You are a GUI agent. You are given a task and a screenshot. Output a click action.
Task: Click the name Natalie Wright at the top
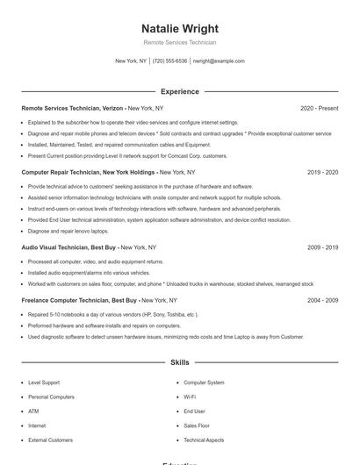(180, 29)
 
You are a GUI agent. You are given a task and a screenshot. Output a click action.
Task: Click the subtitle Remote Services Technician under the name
(180, 42)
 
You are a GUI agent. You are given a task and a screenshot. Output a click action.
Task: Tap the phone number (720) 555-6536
(169, 61)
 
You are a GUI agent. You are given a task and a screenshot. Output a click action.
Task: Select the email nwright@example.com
(219, 61)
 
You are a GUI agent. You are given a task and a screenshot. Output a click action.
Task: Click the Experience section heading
(180, 91)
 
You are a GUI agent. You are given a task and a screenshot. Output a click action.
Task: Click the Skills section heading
(180, 361)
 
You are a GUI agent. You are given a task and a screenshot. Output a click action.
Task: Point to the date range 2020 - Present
(319, 108)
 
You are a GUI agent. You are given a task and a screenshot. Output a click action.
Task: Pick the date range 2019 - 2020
(322, 173)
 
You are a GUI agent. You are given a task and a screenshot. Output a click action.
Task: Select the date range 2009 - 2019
(322, 247)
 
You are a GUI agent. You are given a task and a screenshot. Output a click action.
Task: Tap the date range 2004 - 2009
(322, 300)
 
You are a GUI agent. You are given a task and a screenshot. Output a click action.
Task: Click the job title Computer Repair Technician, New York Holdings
(89, 173)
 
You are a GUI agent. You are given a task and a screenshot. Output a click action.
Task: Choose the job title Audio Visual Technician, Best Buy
(68, 247)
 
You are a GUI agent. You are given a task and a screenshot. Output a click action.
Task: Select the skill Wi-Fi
(190, 397)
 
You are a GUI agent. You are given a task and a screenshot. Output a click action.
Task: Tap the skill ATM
(33, 411)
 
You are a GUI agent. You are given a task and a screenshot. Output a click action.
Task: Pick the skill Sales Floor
(198, 425)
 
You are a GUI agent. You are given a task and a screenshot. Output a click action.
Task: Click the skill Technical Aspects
(204, 440)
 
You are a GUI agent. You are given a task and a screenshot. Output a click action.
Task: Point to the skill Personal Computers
(51, 397)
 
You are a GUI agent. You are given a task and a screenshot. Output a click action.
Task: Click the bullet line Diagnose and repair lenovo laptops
(68, 231)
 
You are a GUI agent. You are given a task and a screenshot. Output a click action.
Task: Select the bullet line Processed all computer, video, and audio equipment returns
(96, 261)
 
